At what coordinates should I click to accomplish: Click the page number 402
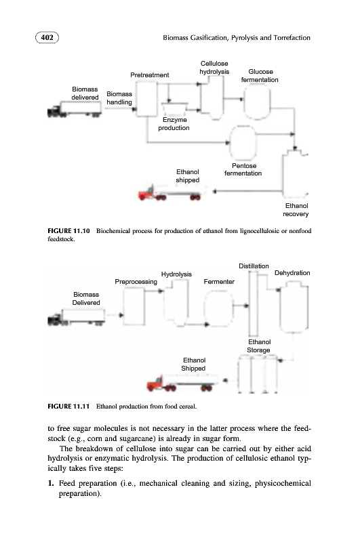47,37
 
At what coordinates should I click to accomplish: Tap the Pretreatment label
149,75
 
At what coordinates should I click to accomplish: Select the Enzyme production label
174,124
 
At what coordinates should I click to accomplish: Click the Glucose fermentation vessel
257,102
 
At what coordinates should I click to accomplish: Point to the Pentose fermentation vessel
243,143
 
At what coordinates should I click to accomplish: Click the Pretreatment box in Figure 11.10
146,99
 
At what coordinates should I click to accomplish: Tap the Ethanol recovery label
296,210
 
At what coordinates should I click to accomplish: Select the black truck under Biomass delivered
75,109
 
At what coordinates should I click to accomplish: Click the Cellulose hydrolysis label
214,67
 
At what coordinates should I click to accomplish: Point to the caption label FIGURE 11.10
68,231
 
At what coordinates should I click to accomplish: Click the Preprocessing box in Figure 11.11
134,306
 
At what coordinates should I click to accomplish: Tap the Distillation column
253,304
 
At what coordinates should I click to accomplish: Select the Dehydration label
292,273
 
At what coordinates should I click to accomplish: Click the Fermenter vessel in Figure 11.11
218,308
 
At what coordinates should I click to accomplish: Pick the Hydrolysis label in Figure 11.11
176,274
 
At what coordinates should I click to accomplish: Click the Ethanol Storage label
259,346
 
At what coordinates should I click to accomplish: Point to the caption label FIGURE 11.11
68,406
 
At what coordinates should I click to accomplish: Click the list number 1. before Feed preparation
51,483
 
